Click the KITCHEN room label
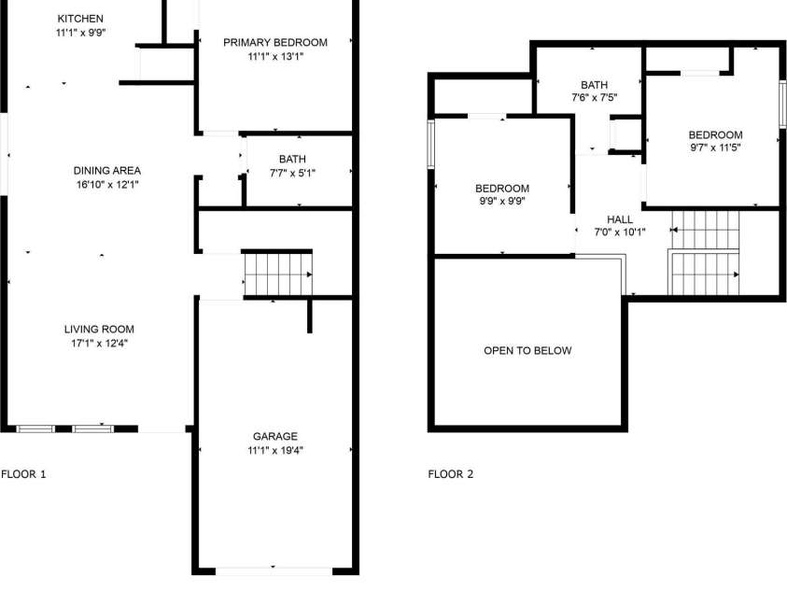(x=80, y=19)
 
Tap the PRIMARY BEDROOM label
(x=275, y=42)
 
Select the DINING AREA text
(x=107, y=170)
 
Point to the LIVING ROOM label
(x=99, y=329)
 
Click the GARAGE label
(x=275, y=436)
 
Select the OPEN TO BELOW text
(x=527, y=351)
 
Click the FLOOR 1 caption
(x=23, y=474)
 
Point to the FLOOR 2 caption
(x=451, y=474)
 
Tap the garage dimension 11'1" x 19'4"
(x=275, y=450)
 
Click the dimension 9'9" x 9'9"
(x=502, y=201)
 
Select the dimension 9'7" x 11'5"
(x=716, y=147)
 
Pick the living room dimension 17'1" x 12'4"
(x=99, y=343)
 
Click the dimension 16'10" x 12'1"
(x=107, y=184)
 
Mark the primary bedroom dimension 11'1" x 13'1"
(x=275, y=56)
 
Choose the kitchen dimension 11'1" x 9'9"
(x=80, y=33)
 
